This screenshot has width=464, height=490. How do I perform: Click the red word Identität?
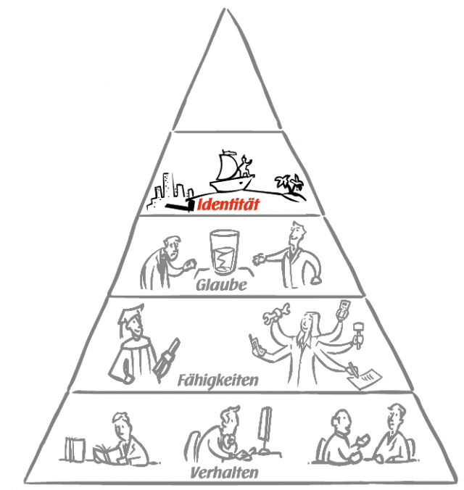tap(228, 205)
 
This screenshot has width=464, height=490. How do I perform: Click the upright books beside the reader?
tap(75, 449)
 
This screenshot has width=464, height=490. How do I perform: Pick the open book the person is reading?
tap(104, 453)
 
